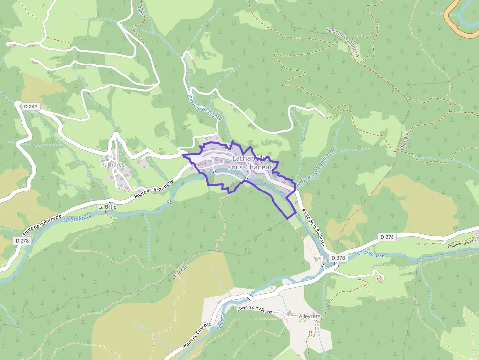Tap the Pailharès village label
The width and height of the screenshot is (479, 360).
[113, 165]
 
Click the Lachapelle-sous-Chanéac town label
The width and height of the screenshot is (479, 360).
[251, 163]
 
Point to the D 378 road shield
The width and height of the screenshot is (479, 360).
[338, 257]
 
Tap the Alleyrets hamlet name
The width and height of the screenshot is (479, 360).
[309, 317]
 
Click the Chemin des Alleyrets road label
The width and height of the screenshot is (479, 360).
[255, 310]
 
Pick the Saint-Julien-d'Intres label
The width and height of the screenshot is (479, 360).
[343, 42]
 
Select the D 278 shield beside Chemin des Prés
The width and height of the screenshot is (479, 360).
[387, 237]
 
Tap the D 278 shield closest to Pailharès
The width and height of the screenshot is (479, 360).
[22, 240]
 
